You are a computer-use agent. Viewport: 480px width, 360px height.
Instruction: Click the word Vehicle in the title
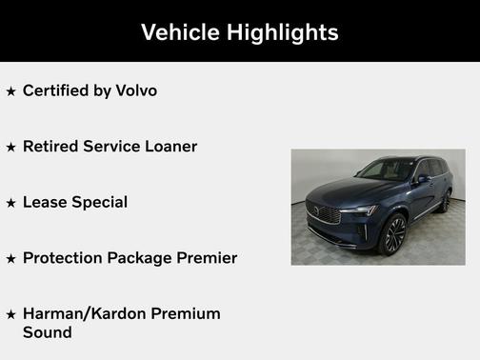click(182, 31)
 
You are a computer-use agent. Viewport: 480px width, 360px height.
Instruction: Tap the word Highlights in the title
click(283, 31)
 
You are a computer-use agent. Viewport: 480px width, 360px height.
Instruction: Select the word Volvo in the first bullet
click(136, 90)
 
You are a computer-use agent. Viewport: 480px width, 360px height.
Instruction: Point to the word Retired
click(49, 147)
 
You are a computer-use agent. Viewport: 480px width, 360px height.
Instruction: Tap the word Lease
click(44, 202)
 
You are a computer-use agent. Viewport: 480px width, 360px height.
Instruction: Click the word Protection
click(63, 257)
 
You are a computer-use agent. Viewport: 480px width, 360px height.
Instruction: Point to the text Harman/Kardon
click(83, 313)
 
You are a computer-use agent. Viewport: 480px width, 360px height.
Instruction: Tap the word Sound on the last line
click(47, 332)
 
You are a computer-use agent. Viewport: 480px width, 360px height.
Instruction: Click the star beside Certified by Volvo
click(10, 91)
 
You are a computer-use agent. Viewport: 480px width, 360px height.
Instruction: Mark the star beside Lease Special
click(10, 203)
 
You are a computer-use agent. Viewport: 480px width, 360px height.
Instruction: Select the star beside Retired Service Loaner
click(10, 148)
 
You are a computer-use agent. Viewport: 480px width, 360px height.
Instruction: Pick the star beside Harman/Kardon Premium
click(10, 314)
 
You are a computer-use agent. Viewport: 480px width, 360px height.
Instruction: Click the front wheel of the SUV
click(392, 234)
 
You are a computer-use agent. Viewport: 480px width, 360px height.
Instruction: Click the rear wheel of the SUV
click(445, 202)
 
